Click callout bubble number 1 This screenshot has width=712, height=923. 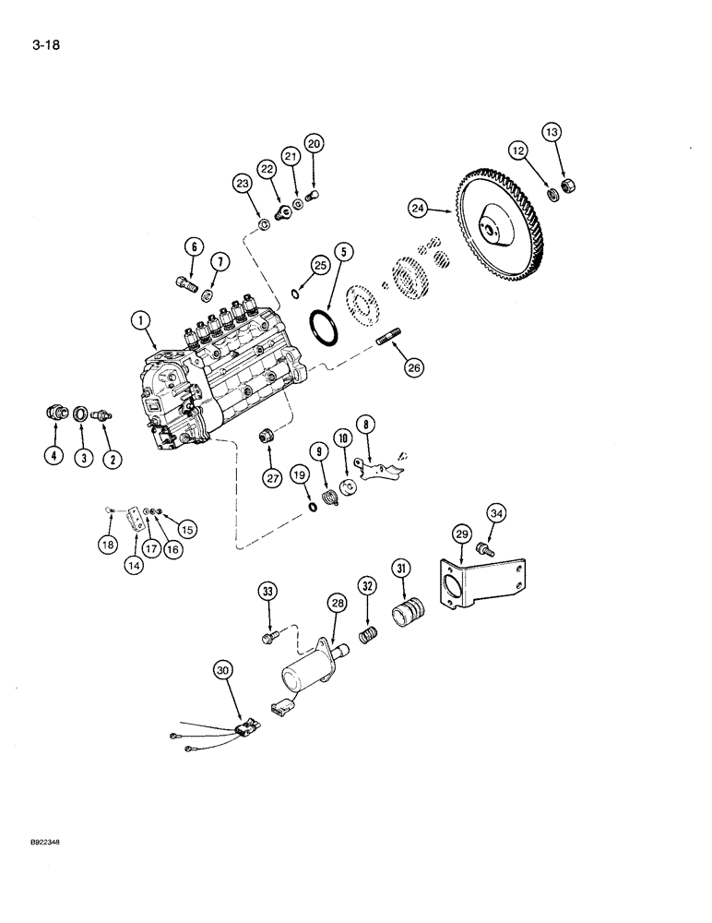pyautogui.click(x=141, y=322)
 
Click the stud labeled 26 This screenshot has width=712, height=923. pyautogui.click(x=387, y=342)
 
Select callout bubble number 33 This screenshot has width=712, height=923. pyautogui.click(x=267, y=592)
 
